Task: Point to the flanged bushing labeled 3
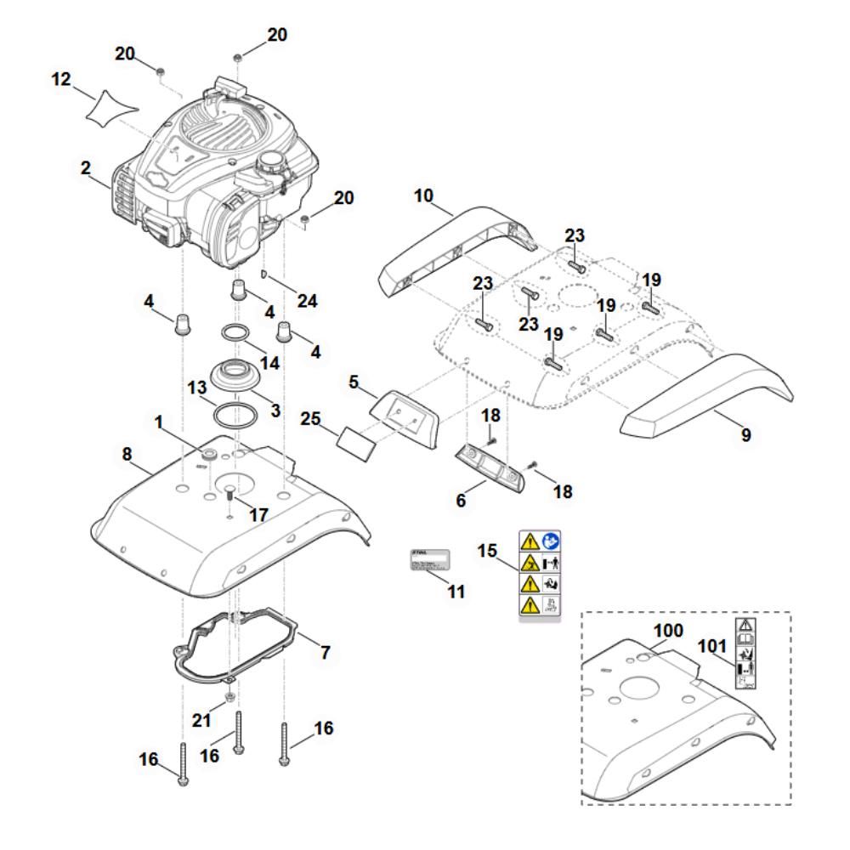(x=235, y=375)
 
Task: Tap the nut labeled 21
(x=230, y=698)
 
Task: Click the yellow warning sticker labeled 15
(x=540, y=575)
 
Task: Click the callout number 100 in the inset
(x=667, y=632)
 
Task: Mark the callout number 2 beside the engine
(x=85, y=168)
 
